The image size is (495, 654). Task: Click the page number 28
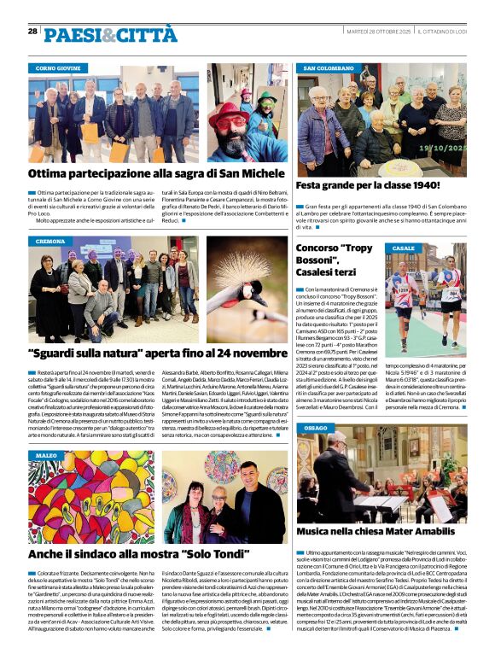point(32,31)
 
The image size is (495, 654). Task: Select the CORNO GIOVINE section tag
point(58,67)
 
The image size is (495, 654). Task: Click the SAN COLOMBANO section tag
point(329,67)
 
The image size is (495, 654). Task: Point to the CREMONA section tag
point(50,242)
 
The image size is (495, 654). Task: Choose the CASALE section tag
point(403,248)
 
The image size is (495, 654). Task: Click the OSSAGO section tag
point(315,427)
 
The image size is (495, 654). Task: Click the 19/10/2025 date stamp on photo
point(443,148)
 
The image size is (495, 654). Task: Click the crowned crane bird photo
point(247,292)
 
